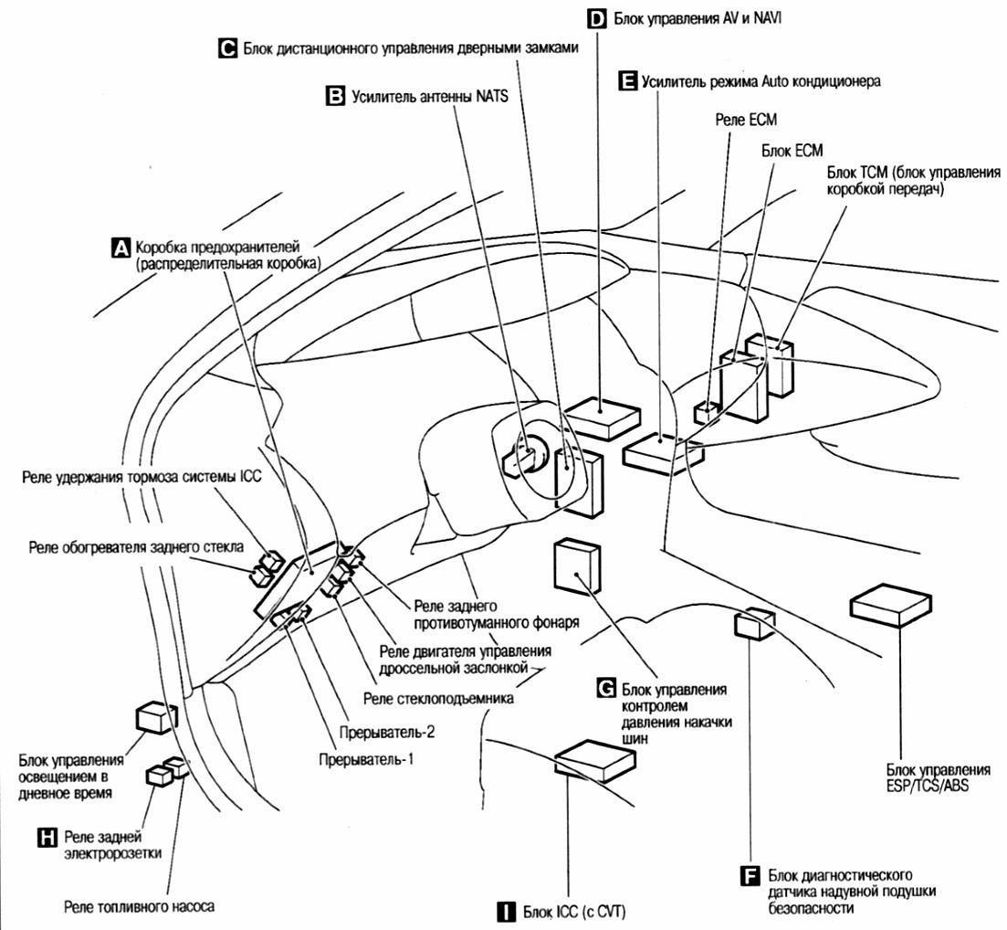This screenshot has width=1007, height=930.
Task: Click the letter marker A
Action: tap(119, 247)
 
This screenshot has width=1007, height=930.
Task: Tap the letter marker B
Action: tap(335, 95)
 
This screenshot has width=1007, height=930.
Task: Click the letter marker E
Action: tap(626, 81)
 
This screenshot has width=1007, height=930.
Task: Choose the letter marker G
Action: tap(605, 687)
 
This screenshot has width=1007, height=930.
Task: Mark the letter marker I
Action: tap(504, 911)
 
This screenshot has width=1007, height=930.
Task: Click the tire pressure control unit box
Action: tap(577, 566)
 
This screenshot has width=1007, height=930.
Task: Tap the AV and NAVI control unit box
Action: tap(600, 419)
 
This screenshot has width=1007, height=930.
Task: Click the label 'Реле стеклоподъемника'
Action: tap(438, 699)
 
